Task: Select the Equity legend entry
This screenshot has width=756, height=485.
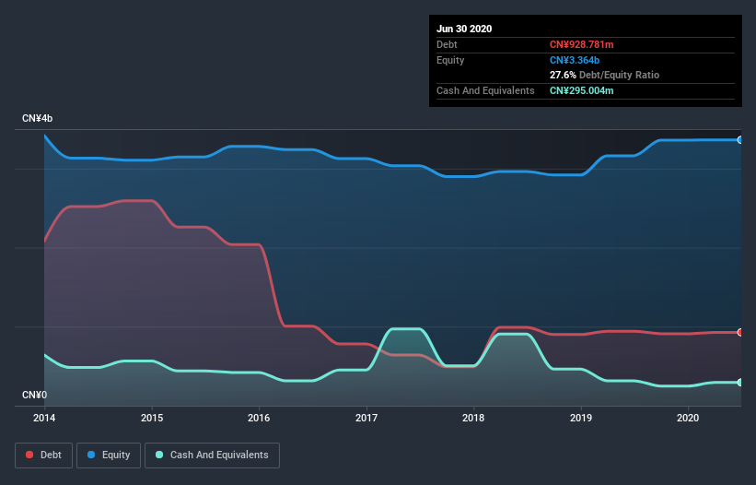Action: (x=109, y=455)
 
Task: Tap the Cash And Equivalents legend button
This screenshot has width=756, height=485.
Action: (x=212, y=455)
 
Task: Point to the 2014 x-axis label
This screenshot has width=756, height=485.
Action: (x=44, y=418)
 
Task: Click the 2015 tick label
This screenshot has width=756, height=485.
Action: (x=152, y=418)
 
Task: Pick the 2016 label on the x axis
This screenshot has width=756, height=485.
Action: (x=260, y=418)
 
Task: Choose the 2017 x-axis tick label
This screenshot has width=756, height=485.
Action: (x=366, y=418)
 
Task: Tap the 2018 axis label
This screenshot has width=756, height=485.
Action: (x=474, y=418)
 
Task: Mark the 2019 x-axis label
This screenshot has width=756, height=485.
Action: (x=581, y=418)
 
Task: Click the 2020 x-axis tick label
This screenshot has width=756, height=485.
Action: (x=689, y=418)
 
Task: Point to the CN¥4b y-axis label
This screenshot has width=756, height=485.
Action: (x=38, y=119)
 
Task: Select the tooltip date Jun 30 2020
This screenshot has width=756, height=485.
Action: (x=464, y=29)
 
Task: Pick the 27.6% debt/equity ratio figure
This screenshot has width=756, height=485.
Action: (x=563, y=75)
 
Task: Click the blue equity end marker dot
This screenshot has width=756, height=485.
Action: (x=740, y=140)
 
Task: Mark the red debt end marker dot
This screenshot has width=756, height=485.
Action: (x=740, y=332)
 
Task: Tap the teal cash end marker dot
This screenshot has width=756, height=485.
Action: (x=740, y=382)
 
